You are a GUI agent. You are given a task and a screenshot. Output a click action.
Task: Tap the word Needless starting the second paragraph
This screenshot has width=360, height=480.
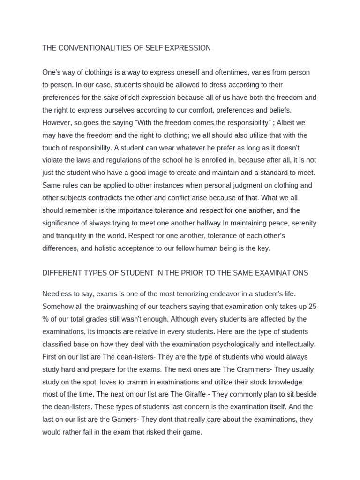pyautogui.click(x=58, y=294)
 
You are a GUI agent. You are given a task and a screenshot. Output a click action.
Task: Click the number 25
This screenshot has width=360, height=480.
pyautogui.click(x=312, y=307)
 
